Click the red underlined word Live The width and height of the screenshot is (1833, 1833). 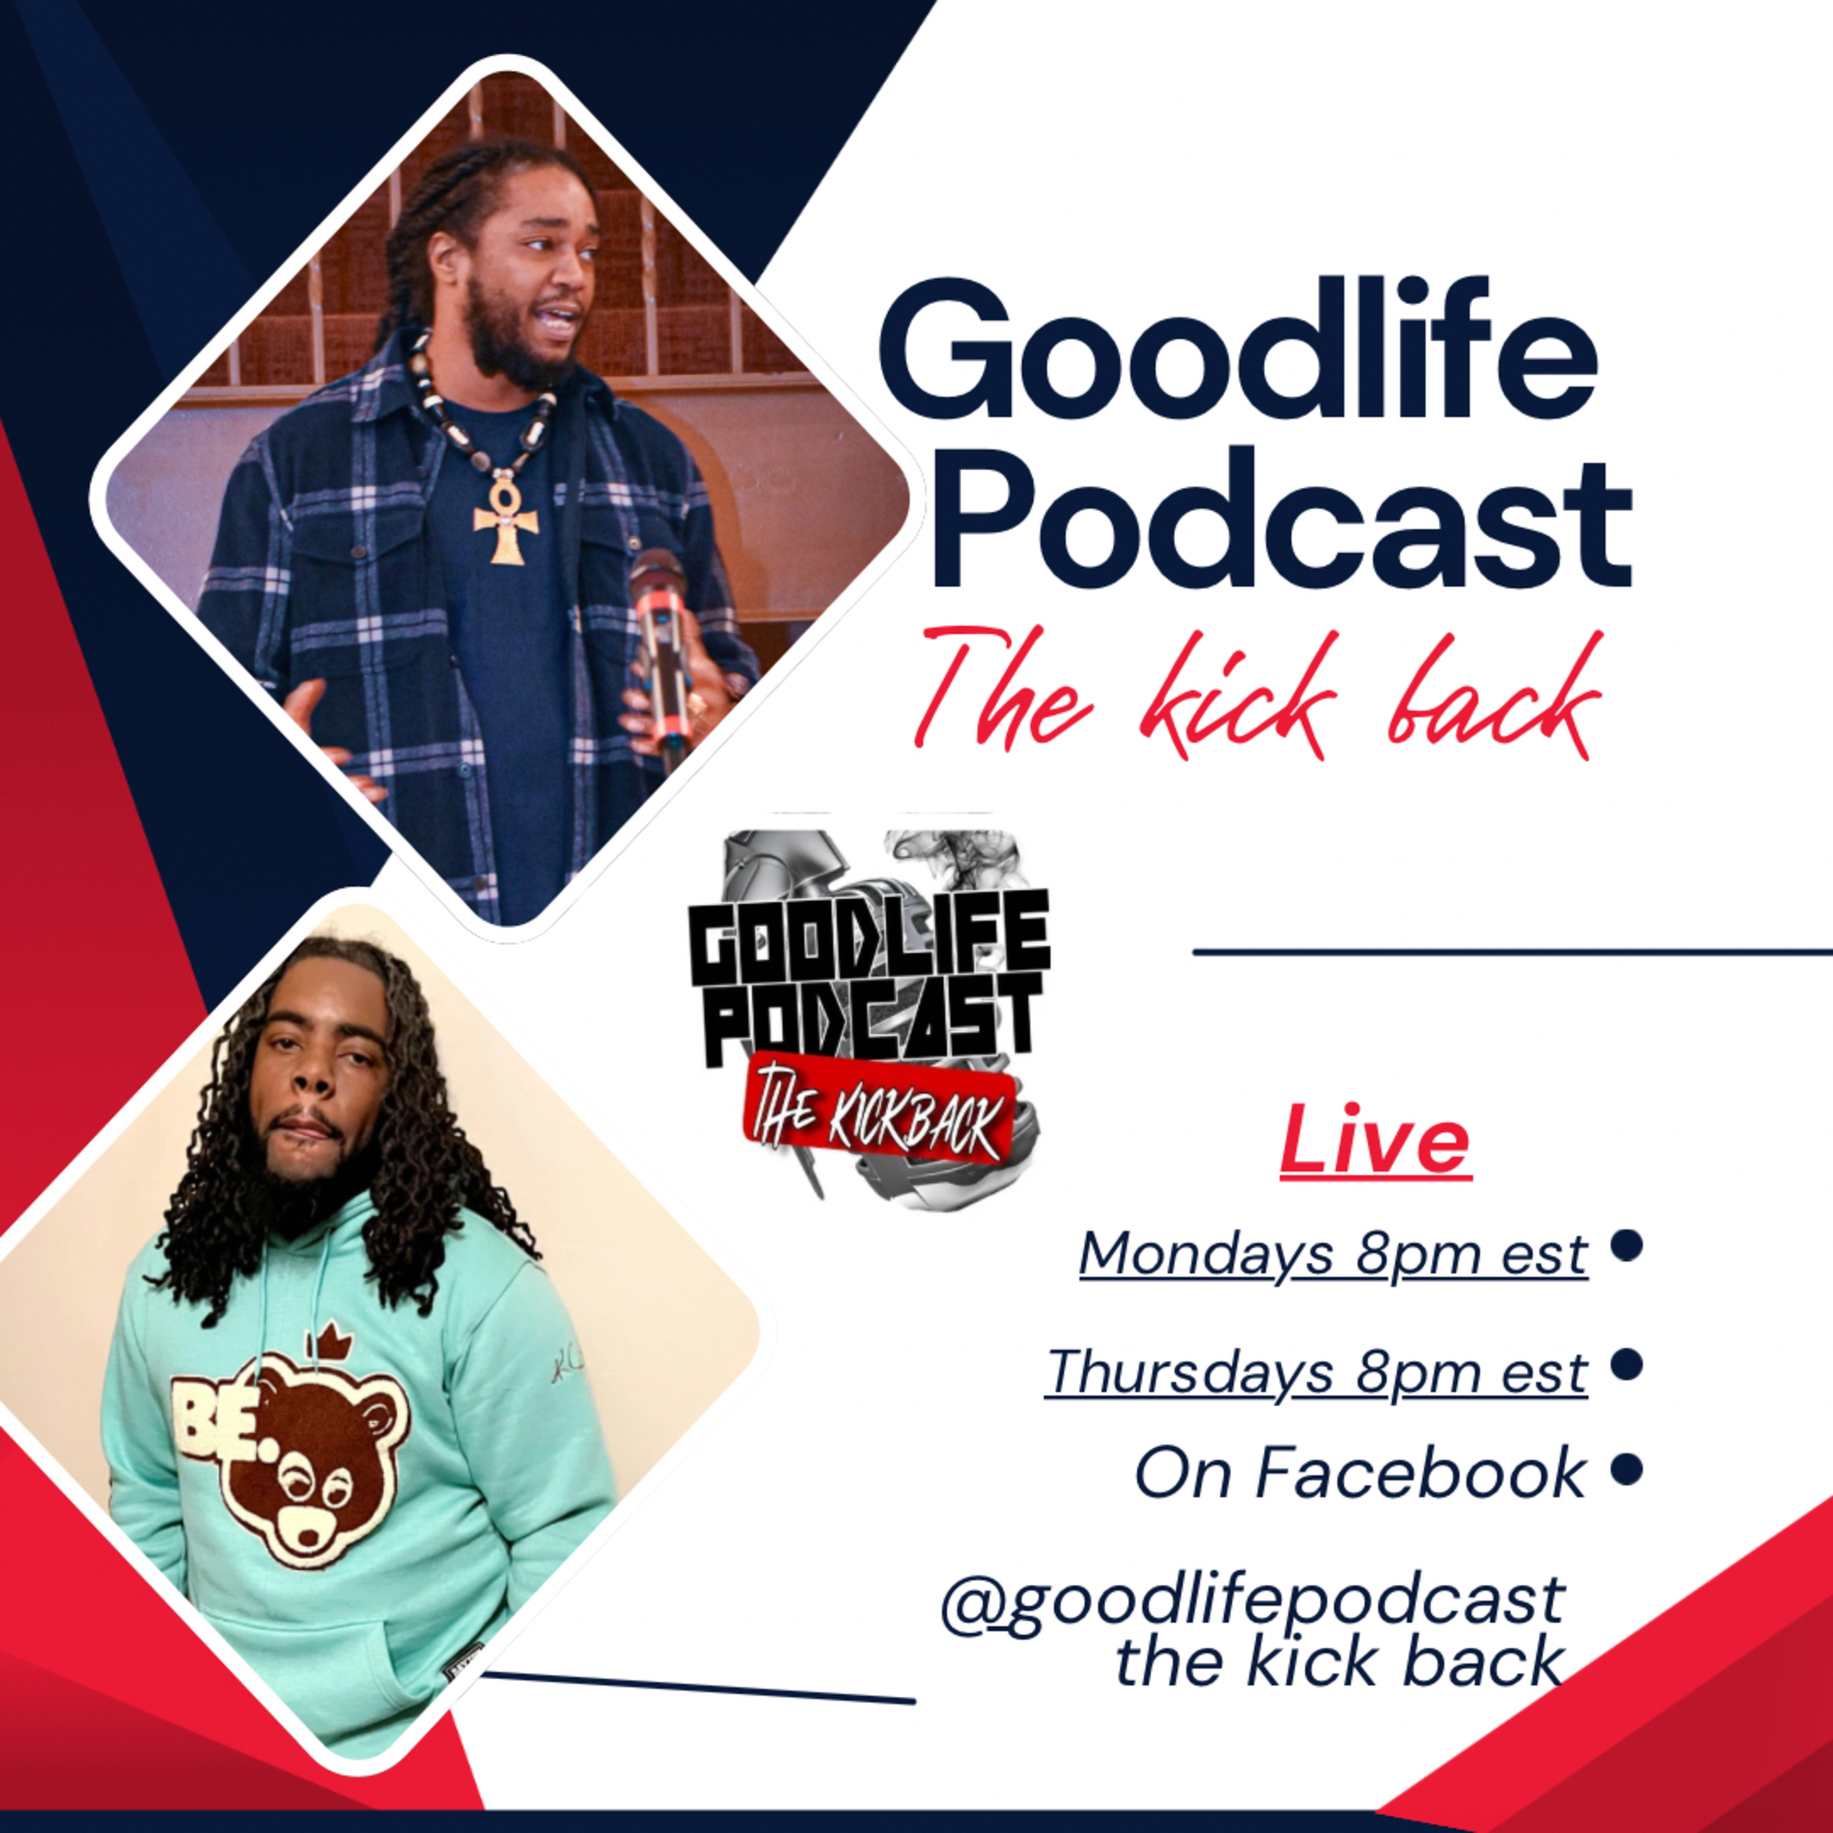(1376, 1143)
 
